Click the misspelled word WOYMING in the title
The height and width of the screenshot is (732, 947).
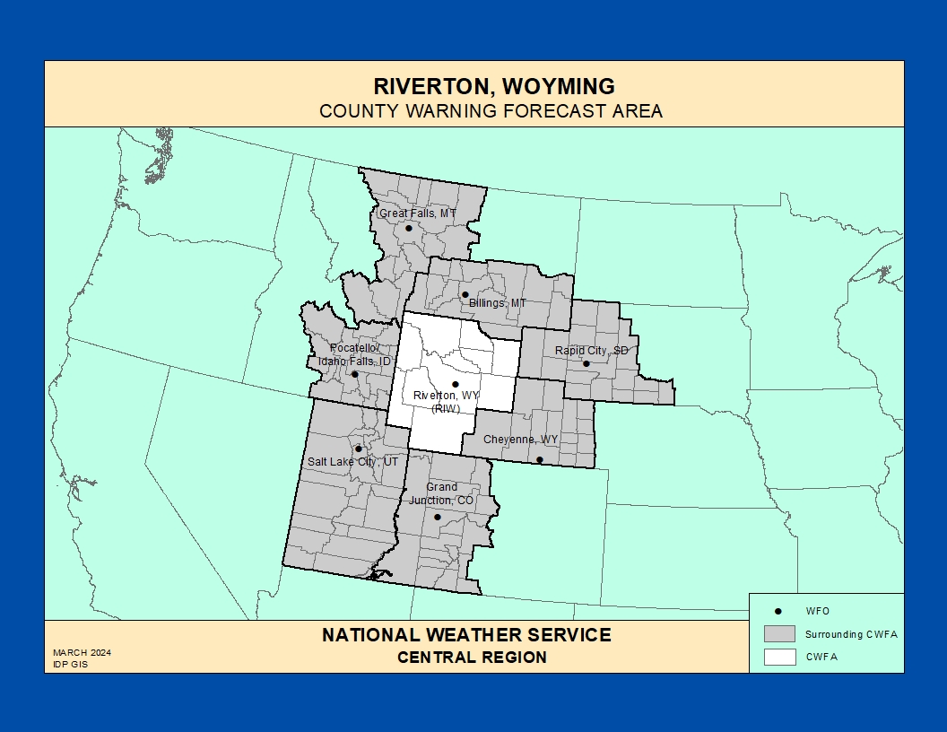pos(560,87)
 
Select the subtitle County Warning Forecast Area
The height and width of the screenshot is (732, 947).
pos(491,111)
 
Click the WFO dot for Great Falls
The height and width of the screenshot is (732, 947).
pos(409,228)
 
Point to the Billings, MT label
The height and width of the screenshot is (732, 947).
pos(498,303)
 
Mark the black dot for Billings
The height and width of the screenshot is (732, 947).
pos(465,294)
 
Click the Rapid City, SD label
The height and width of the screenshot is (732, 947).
pos(592,350)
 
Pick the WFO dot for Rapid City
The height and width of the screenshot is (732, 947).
pos(586,363)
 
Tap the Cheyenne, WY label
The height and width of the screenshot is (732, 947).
pos(520,440)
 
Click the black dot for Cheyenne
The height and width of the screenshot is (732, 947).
pos(539,460)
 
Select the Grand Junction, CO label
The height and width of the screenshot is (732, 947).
pos(441,493)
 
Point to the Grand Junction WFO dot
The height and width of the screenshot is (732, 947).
pos(438,517)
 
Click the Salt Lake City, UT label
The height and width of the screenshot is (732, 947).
pos(352,461)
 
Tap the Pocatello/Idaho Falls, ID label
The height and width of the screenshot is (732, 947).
pos(355,354)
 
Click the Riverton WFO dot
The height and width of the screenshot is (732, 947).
pos(456,384)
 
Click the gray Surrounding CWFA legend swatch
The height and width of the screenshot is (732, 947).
pos(779,633)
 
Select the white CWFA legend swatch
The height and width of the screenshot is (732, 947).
pos(779,657)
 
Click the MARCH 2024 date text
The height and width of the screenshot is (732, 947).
pos(82,652)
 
